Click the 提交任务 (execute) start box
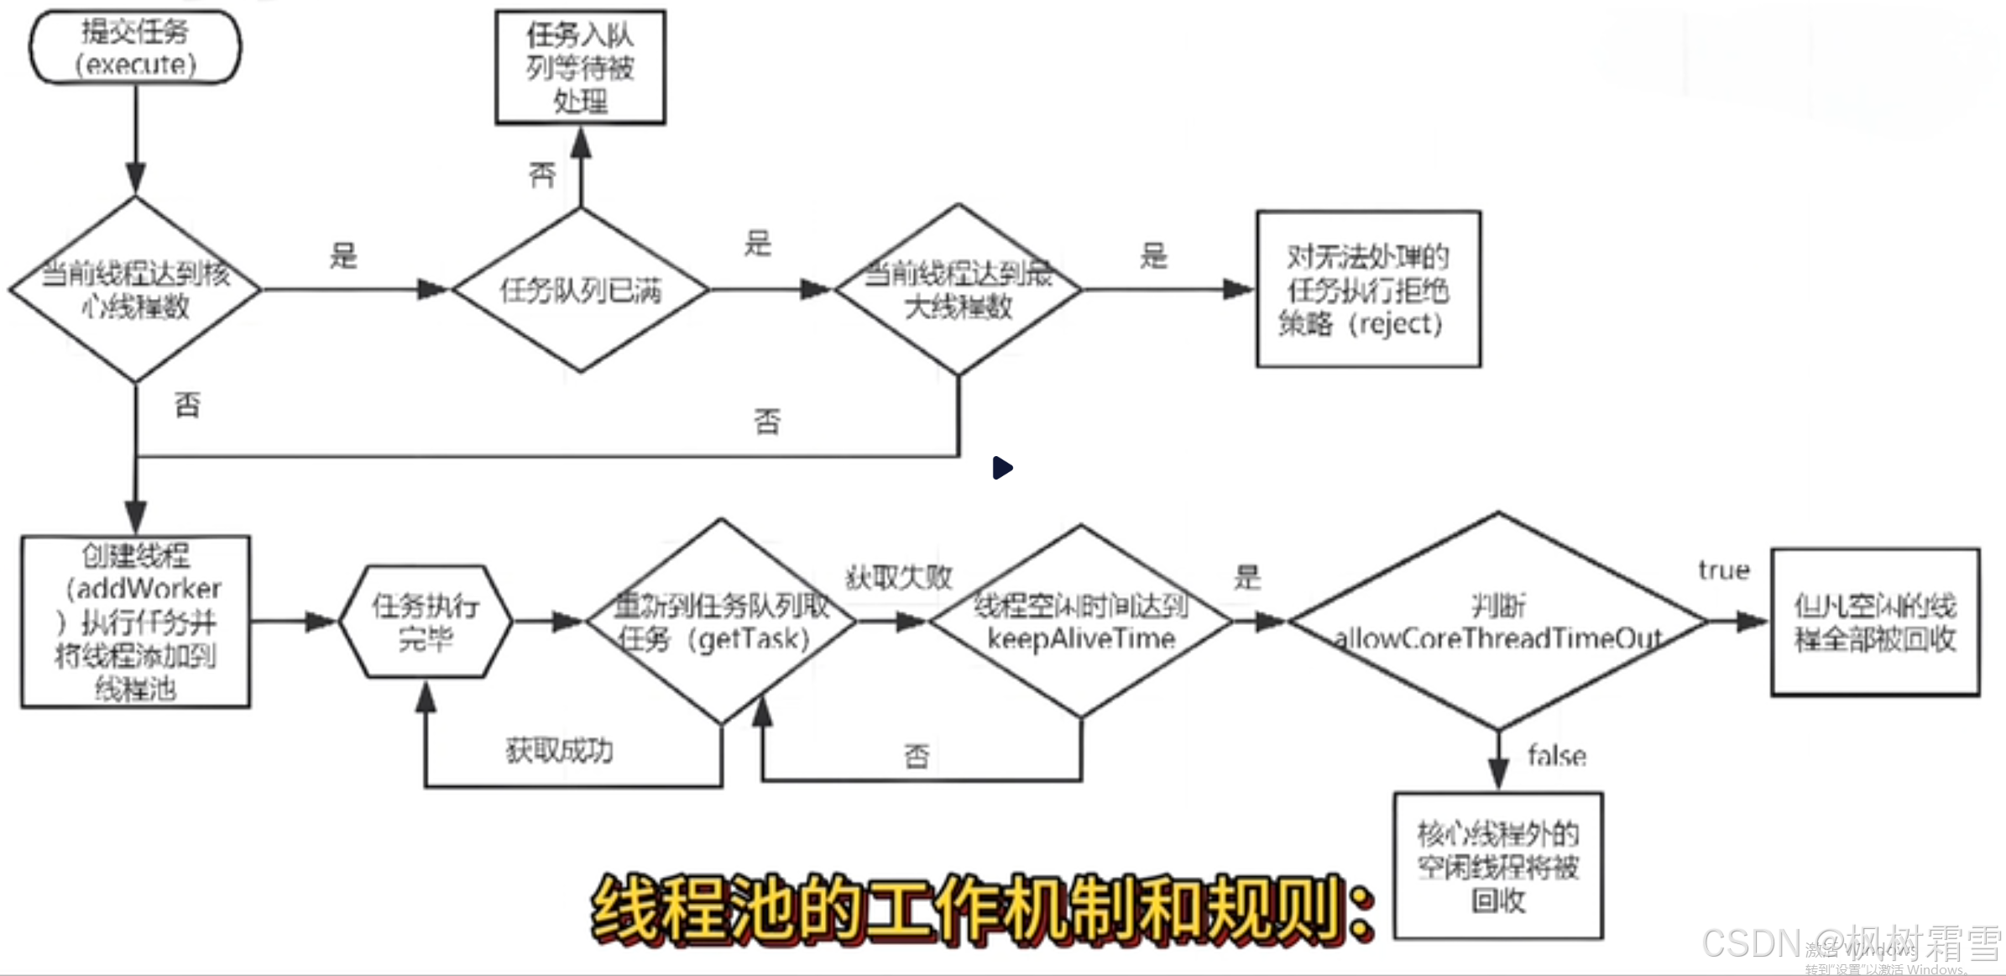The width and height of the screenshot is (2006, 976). (x=135, y=47)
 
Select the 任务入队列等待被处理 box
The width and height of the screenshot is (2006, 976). (x=580, y=67)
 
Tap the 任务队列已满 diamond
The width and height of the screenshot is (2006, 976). (x=580, y=290)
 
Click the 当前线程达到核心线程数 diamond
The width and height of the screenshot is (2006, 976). (x=135, y=290)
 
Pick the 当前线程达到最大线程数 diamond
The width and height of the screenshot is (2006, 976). (x=959, y=290)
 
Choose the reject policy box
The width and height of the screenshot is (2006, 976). (x=1367, y=289)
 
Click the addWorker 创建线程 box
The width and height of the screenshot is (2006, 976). (x=135, y=622)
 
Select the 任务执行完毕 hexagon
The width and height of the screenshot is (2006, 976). (x=426, y=622)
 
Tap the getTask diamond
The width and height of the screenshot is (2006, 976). (x=721, y=622)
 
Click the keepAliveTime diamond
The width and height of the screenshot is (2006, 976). (x=1080, y=622)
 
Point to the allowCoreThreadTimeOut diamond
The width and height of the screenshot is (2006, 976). (x=1497, y=622)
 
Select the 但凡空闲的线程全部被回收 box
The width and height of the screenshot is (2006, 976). (x=1874, y=622)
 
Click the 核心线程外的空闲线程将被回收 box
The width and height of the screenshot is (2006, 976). (x=1497, y=866)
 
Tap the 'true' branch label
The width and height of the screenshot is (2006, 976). (x=1723, y=570)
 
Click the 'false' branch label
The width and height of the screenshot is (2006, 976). (x=1556, y=756)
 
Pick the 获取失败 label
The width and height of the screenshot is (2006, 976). (x=898, y=577)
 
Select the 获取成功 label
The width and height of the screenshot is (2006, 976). (x=559, y=750)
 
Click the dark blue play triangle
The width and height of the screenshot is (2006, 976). (x=1001, y=468)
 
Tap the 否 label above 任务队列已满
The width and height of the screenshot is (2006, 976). (x=542, y=175)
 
